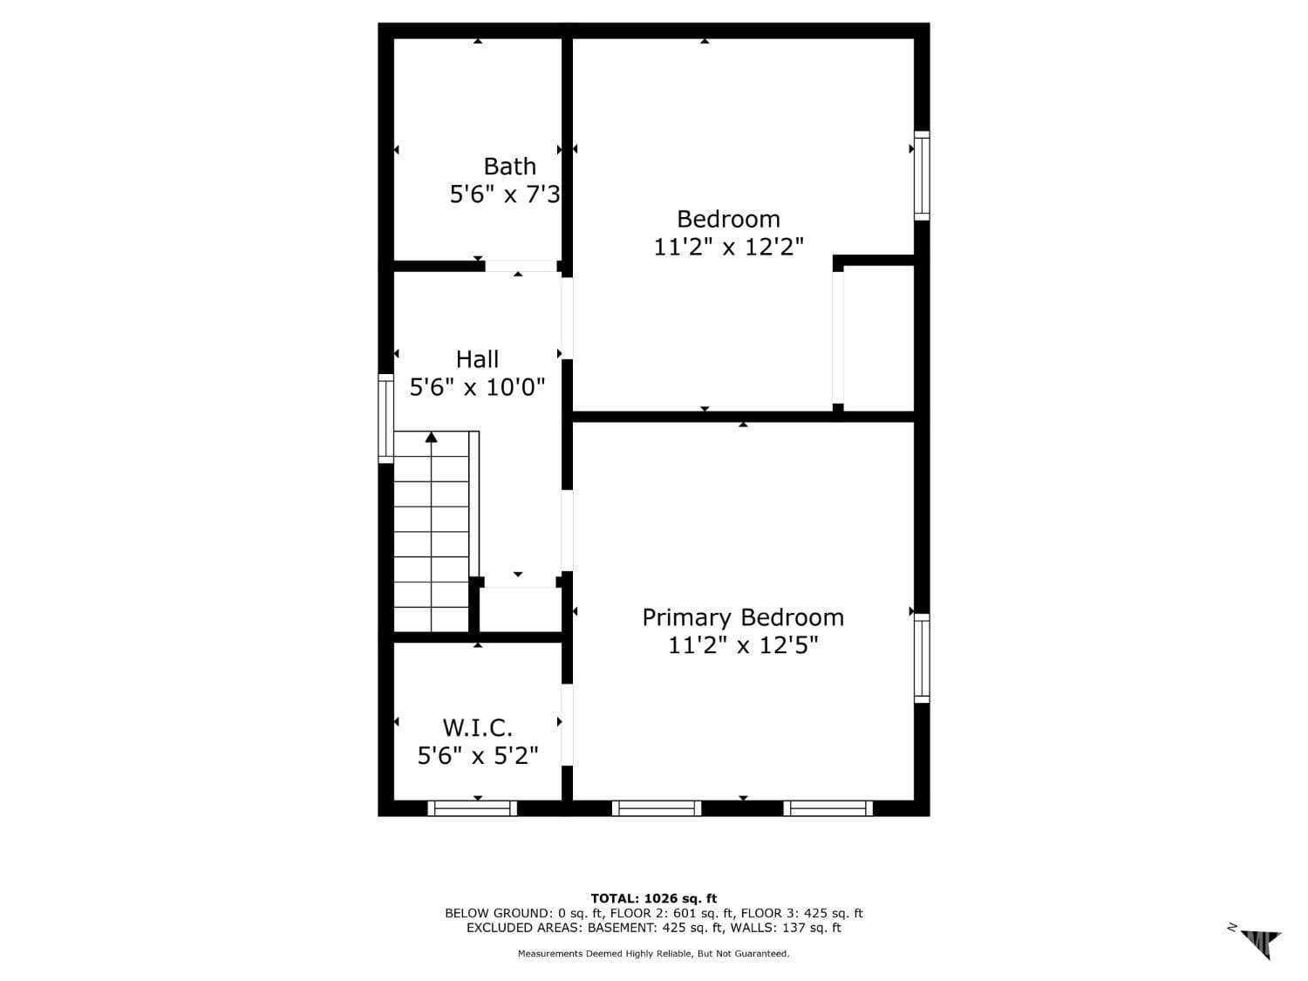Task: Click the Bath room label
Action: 509,166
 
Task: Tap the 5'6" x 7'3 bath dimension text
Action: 505,194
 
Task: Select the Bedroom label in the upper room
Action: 728,219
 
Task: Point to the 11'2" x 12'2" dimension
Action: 728,247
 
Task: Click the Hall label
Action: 477,359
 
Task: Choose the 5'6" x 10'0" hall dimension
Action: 477,387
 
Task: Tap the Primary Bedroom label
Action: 743,617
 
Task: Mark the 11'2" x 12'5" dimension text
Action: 743,645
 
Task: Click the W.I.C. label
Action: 477,727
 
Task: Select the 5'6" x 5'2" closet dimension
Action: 477,755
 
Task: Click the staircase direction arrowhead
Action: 431,437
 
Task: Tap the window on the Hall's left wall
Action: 385,418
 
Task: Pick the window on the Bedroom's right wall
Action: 922,175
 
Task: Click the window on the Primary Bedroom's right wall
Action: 922,657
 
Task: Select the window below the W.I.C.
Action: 472,808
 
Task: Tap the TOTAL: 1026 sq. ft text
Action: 653,898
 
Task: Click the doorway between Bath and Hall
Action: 521,266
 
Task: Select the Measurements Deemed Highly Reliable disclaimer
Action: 653,954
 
